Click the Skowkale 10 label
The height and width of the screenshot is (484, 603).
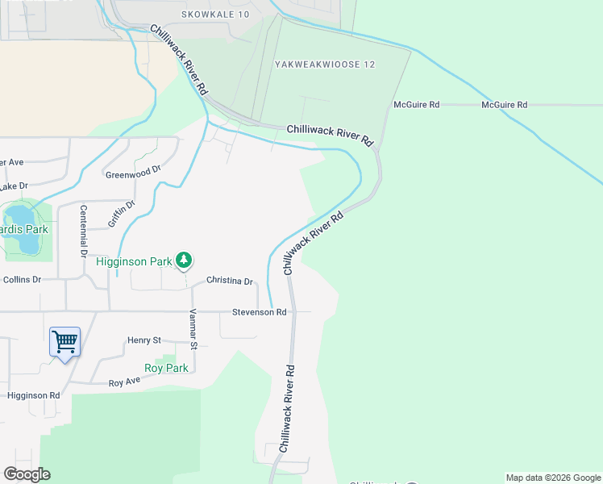point(215,15)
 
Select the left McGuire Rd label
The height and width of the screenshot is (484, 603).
point(416,105)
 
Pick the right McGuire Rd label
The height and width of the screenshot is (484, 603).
point(504,105)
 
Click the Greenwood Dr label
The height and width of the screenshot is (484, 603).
point(133,172)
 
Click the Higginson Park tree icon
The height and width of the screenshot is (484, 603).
point(185,260)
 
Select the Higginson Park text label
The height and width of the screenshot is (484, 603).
point(134,261)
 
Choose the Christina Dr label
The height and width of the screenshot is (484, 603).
point(230,281)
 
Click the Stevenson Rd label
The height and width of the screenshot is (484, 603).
point(259,312)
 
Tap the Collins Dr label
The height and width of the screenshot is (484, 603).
point(22,279)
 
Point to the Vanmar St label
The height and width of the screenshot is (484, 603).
point(193,329)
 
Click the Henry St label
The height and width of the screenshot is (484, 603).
point(144,340)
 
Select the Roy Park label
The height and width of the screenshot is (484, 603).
point(166,368)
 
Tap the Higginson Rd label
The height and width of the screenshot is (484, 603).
point(33,396)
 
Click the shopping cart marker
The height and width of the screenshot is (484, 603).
point(64,342)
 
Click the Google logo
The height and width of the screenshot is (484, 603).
point(27,474)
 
